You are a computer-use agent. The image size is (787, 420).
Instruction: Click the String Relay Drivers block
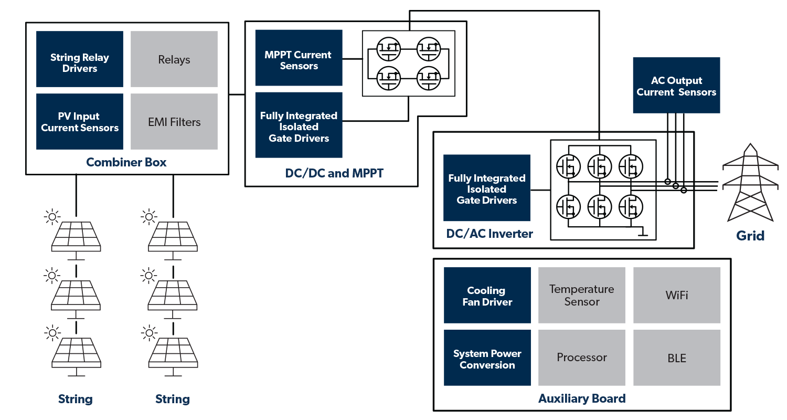(x=80, y=59)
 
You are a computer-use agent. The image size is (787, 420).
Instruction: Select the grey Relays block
(x=174, y=59)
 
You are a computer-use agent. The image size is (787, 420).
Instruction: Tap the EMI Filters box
(x=174, y=121)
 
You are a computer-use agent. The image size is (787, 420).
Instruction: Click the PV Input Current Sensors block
(x=80, y=121)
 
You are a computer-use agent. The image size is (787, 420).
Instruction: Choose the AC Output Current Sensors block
(x=676, y=86)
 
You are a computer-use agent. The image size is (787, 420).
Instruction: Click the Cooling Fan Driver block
(x=487, y=296)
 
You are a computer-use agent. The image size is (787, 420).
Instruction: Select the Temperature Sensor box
(x=582, y=296)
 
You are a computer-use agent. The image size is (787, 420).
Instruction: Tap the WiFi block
(x=677, y=296)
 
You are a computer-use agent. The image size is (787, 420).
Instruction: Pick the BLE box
(x=677, y=358)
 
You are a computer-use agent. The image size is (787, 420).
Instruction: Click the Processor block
(x=582, y=358)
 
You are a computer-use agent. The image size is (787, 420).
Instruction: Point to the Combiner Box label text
(x=126, y=162)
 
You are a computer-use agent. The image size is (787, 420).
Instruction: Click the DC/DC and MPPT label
(x=334, y=173)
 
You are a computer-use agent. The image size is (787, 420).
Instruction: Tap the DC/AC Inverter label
(x=490, y=234)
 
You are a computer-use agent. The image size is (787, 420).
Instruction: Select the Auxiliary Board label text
(x=582, y=398)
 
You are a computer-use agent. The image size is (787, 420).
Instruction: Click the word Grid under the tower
(x=750, y=235)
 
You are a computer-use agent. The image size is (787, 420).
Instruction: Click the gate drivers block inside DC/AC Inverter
(x=487, y=188)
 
